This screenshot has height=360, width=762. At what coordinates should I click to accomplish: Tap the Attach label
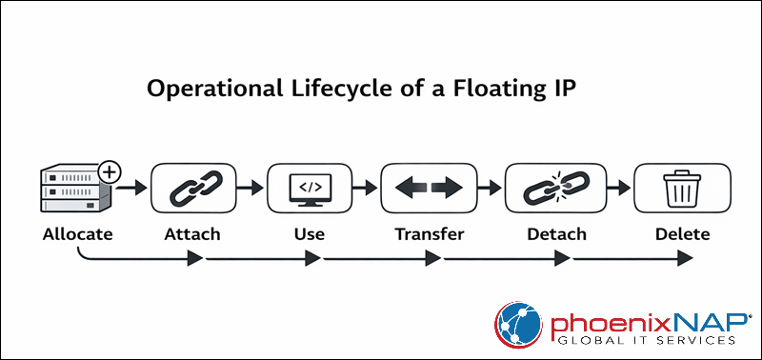(x=193, y=234)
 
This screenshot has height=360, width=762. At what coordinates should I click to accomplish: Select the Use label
(x=309, y=234)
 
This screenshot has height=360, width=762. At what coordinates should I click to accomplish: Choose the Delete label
(x=682, y=234)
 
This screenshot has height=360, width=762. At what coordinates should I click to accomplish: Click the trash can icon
(x=682, y=189)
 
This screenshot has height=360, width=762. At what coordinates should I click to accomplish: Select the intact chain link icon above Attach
(x=193, y=189)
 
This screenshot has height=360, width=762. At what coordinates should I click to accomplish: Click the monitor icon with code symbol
(x=309, y=187)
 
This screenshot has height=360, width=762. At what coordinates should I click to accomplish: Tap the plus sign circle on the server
(x=110, y=172)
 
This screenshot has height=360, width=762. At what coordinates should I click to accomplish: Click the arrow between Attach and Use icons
(x=251, y=189)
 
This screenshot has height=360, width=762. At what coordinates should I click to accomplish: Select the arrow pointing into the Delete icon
(x=616, y=189)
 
